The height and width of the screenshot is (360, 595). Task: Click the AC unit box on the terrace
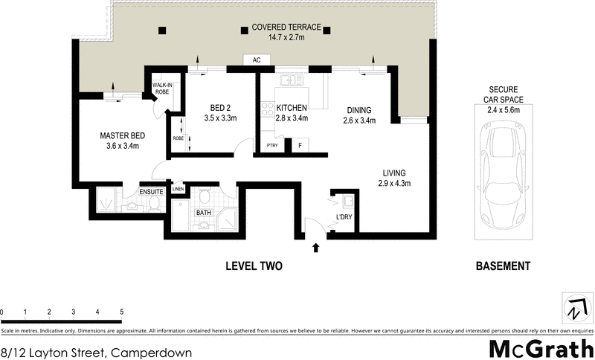point(256,60)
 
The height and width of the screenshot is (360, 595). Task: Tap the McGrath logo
point(539,347)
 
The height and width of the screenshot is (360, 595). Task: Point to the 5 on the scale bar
point(121,312)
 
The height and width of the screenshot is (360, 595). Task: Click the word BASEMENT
point(504,266)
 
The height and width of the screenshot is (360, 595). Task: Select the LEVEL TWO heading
point(254,266)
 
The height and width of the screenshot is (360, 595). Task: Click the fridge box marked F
point(300,146)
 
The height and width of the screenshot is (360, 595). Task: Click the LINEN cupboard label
point(178,189)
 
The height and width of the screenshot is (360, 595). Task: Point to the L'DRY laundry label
point(344,216)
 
